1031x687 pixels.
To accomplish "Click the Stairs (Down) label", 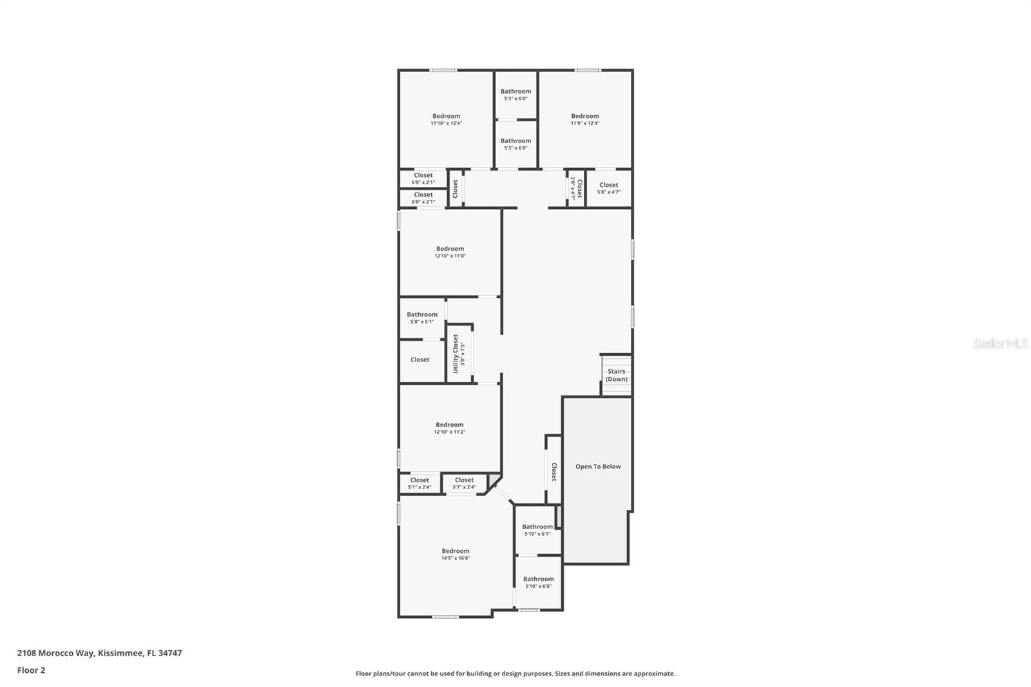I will (616, 375).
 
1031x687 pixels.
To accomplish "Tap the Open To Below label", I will (598, 467).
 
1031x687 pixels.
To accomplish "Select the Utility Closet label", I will (456, 354).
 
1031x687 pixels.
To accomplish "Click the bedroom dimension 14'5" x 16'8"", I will (456, 558).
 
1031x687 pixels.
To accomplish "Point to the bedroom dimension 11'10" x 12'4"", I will (446, 123).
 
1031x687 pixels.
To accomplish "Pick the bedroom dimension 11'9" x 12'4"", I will (584, 123).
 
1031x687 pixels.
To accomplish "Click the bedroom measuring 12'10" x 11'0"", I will (450, 252).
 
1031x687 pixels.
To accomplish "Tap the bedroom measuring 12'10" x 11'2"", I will (449, 428).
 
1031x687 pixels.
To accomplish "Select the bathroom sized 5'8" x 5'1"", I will (422, 318).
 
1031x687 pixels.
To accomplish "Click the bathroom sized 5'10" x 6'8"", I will (538, 583).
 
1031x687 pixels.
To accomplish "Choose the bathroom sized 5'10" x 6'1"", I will (537, 530).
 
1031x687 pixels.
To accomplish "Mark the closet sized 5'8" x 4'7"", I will (608, 188).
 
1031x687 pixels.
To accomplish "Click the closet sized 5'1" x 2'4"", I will (419, 483).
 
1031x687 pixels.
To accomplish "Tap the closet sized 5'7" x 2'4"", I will (464, 483).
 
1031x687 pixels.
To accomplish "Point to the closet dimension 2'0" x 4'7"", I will (572, 188).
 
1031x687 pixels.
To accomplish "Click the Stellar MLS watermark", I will (1000, 344).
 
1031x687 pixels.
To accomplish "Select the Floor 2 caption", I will (31, 670).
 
